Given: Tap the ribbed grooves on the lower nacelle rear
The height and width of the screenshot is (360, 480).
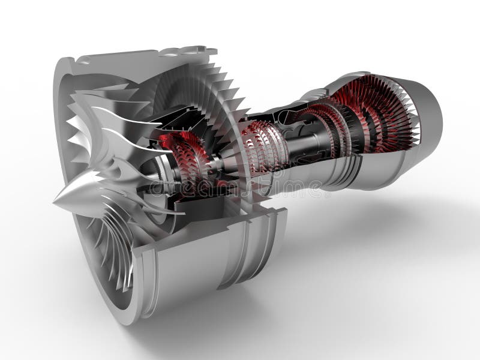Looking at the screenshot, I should coord(252,246).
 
